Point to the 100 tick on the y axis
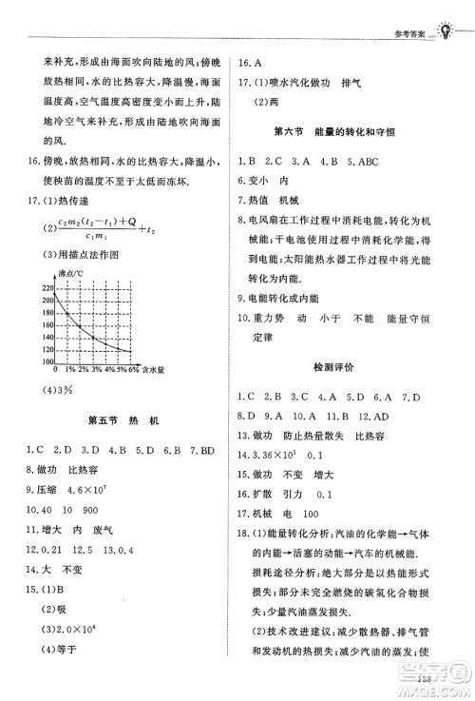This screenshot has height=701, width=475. click(47, 361)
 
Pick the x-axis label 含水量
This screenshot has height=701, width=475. click(155, 369)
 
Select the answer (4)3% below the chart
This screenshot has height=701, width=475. click(53, 389)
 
